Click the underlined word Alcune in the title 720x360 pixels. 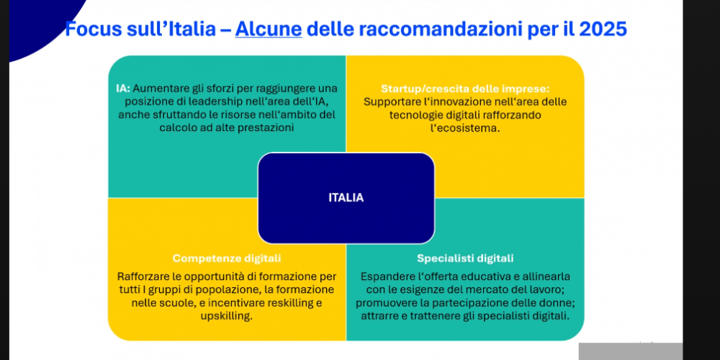tap(269, 30)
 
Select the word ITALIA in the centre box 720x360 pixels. tap(346, 198)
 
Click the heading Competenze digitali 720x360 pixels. tap(227, 258)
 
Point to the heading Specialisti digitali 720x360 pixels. tap(465, 258)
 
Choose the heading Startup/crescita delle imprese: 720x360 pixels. tap(465, 88)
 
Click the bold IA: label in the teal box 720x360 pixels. tap(123, 88)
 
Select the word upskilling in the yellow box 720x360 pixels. tap(226, 317)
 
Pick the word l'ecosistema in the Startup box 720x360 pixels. tap(464, 128)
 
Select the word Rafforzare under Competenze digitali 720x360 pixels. tap(140, 277)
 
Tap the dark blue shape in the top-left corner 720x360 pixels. tap(32, 23)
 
